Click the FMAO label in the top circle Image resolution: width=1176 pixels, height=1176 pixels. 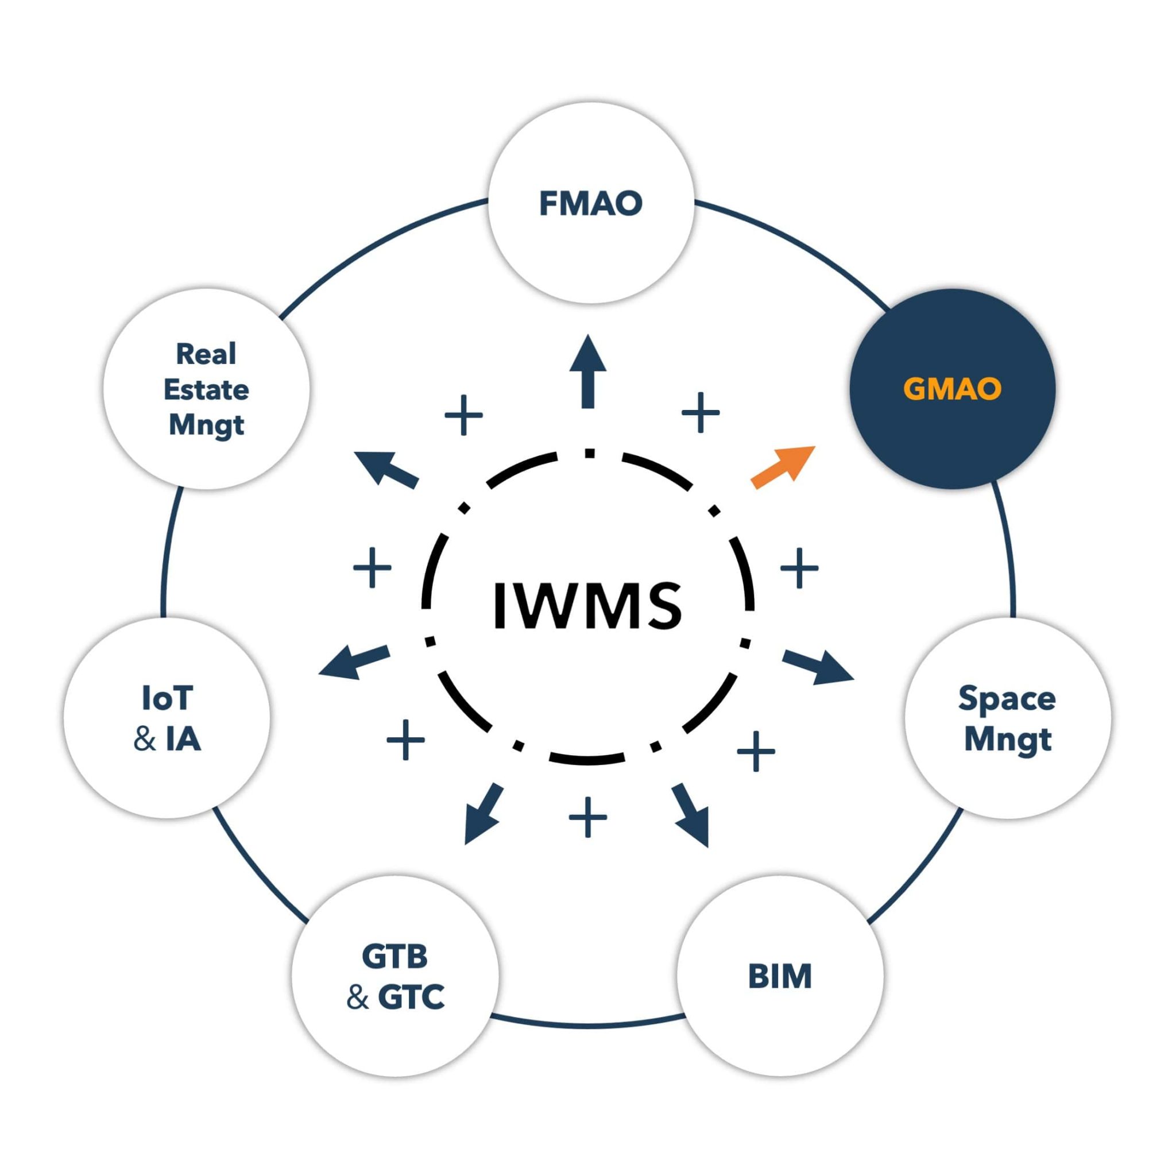[x=590, y=203]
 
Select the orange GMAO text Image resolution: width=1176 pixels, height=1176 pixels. [x=952, y=389]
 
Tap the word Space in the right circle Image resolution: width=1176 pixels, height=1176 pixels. [x=1007, y=698]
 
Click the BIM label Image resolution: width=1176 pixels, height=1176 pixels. [x=780, y=976]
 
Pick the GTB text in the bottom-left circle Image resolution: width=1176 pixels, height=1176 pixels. [x=395, y=956]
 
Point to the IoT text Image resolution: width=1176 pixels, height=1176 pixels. [x=168, y=698]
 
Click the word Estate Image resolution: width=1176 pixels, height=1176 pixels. [x=206, y=389]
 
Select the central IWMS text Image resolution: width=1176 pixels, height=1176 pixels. [x=587, y=606]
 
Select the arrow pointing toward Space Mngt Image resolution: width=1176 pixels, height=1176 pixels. [x=818, y=667]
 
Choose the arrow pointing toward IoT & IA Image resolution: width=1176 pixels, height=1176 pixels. [x=354, y=662]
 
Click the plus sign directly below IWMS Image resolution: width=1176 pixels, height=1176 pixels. [x=588, y=817]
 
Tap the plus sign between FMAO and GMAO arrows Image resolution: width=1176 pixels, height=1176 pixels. [x=701, y=413]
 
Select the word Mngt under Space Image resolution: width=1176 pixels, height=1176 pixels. [x=1008, y=740]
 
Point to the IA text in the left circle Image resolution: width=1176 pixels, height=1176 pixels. [x=183, y=739]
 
